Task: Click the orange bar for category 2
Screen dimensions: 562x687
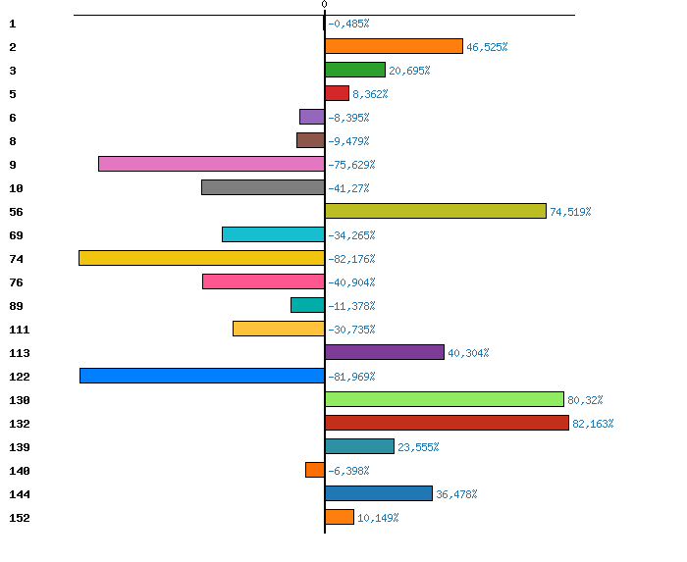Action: (x=394, y=46)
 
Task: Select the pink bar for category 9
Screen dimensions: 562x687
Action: (x=211, y=164)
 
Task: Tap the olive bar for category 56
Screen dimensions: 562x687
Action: (x=435, y=211)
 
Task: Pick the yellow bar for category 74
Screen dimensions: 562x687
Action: (x=201, y=258)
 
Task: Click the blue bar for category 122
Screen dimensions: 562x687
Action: (x=202, y=376)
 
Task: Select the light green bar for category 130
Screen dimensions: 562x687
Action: (x=445, y=399)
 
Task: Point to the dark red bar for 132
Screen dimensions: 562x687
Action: (x=447, y=423)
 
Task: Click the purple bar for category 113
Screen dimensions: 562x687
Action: (x=384, y=352)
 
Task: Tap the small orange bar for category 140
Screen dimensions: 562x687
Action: (x=315, y=470)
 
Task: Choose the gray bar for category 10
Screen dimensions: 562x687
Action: (x=263, y=187)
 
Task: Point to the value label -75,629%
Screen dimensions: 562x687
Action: (x=351, y=165)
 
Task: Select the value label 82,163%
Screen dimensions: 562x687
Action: (x=593, y=424)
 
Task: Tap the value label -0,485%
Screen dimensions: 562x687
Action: (x=348, y=24)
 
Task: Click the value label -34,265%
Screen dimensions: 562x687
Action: (x=351, y=235)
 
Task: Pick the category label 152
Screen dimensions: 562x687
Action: (x=20, y=518)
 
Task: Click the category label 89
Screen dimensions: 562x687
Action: (x=16, y=306)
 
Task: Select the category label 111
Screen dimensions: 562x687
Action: (x=20, y=330)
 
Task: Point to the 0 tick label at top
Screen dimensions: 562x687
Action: (x=324, y=5)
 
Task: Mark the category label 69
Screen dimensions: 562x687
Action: (x=16, y=235)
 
